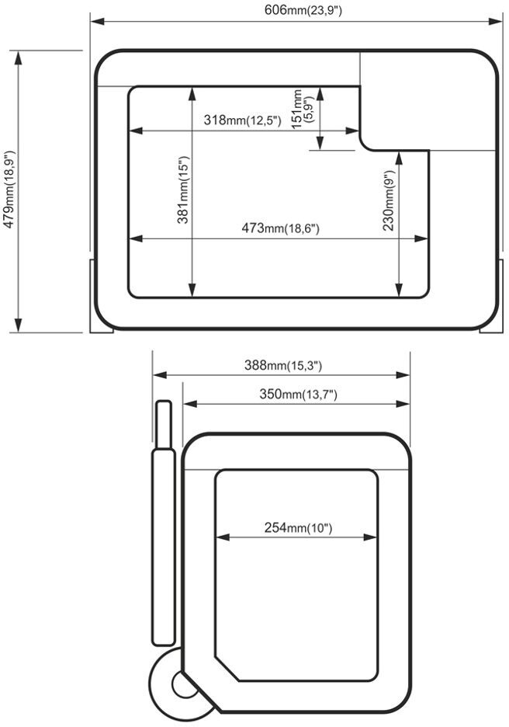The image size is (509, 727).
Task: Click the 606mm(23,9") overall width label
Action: point(303,10)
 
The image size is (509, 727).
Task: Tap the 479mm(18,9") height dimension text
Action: point(9,190)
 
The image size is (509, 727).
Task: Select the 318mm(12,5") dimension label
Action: point(242,120)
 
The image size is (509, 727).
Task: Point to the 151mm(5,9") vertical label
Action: point(303,109)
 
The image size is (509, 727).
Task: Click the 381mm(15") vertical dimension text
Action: point(183,190)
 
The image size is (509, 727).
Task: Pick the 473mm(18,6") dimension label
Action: point(280,228)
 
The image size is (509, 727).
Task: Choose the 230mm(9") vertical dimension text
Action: point(388,200)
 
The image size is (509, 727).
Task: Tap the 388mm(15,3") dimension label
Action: point(283,365)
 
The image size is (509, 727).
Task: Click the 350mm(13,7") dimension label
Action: point(298,394)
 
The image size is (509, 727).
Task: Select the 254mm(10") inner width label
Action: point(298,527)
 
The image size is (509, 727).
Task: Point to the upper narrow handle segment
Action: point(164,425)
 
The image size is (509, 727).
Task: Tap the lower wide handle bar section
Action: point(164,547)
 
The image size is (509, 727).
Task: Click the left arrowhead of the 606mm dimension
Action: point(97,21)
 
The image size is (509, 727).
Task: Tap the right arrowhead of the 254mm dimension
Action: point(371,537)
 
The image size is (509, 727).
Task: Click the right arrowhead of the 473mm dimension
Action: point(421,238)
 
